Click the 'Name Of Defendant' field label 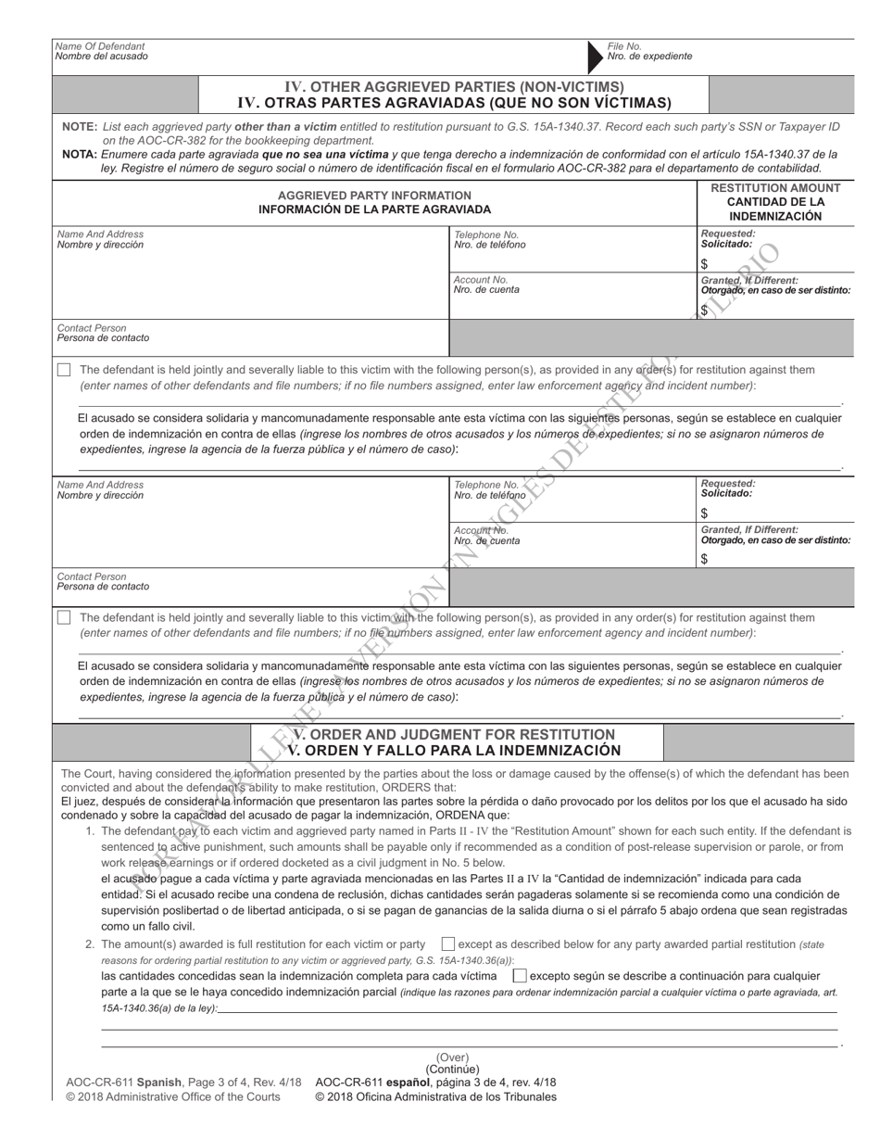[101, 45]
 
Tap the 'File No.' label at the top [624, 45]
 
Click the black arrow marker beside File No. [593, 56]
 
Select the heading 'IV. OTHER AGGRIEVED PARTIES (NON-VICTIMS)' [453, 87]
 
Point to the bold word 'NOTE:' [80, 126]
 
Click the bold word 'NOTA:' [80, 154]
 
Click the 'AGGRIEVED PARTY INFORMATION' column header [374, 196]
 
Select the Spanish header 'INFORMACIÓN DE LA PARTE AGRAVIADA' [374, 210]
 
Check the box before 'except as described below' [448, 944]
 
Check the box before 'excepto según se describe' [520, 976]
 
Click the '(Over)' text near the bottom [453, 1058]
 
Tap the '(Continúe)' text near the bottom [453, 1070]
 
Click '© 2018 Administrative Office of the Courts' [173, 1097]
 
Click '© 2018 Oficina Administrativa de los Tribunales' [435, 1097]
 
